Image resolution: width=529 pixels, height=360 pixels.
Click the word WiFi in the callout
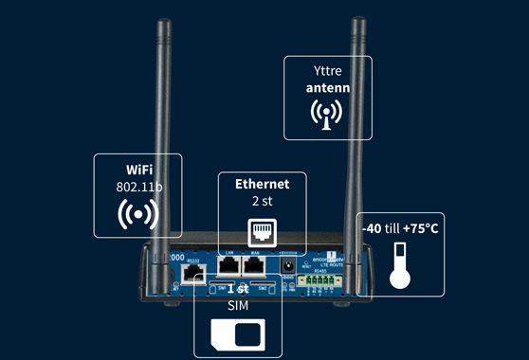[x=139, y=170]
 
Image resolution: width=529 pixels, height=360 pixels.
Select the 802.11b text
[x=139, y=188]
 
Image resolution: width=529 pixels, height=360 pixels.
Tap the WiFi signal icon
[x=138, y=215]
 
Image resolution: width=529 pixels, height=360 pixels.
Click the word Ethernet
[x=262, y=184]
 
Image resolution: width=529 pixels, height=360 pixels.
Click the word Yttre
[x=327, y=71]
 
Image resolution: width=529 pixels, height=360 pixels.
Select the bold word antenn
[x=327, y=88]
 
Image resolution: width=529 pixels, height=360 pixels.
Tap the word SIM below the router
[x=237, y=307]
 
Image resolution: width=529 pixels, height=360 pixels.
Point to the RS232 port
[x=193, y=274]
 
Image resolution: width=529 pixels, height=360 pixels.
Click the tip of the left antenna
[x=161, y=20]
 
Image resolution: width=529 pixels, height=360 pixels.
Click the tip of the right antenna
[x=358, y=20]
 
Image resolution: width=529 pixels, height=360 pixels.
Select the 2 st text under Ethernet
[x=262, y=202]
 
